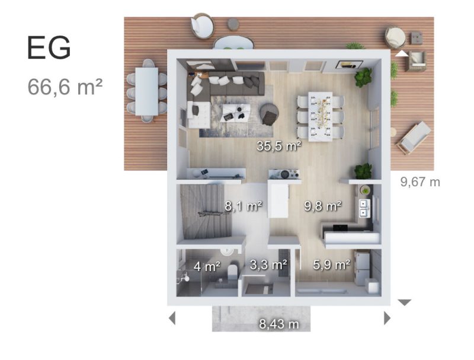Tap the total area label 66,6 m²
(65, 87)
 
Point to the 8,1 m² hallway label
(244, 206)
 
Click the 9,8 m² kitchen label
(324, 206)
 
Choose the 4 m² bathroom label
(207, 266)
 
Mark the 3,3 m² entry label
(268, 265)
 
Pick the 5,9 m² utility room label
(332, 265)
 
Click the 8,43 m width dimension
(278, 324)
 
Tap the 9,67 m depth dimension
(420, 181)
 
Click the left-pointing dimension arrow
(172, 318)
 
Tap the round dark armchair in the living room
(270, 113)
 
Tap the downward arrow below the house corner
(404, 302)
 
